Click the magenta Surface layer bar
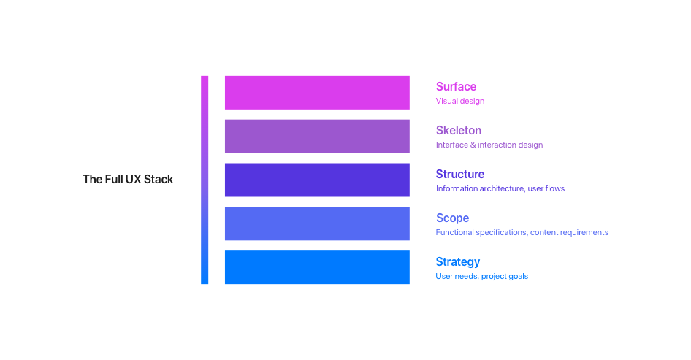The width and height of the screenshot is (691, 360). coord(317,93)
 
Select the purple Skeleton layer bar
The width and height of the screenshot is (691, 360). coord(317,136)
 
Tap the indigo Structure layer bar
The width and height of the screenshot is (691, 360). coord(317,180)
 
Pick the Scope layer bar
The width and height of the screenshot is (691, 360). coord(317,223)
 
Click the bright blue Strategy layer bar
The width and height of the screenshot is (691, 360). coord(317,267)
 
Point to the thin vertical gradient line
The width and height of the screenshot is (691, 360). coord(205,180)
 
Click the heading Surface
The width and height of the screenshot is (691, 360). coord(456,86)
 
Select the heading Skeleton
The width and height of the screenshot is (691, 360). coord(459,131)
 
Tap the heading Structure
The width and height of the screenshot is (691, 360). coord(460,174)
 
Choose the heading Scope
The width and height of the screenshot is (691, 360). coord(453,218)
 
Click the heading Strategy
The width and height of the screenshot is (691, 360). coord(458,261)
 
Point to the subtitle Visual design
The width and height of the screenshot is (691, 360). coord(460,101)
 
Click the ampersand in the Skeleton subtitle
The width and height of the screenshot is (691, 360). coord(473,145)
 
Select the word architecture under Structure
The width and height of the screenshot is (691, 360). coord(502,188)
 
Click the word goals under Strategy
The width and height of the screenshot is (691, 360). coord(519,277)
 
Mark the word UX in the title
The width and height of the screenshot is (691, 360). coord(134,180)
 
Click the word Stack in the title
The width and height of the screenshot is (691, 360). coord(159,180)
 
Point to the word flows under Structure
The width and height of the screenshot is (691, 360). coord(555,188)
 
